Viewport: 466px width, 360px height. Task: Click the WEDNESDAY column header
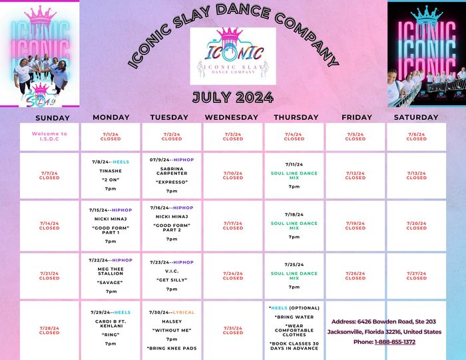tap(232, 117)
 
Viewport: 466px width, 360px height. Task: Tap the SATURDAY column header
tap(416, 117)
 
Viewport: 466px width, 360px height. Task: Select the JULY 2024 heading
tap(232, 97)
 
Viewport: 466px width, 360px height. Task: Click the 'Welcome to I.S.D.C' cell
tap(49, 136)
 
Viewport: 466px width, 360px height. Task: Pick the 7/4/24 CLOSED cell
tap(294, 136)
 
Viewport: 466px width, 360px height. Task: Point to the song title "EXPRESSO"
tap(171, 182)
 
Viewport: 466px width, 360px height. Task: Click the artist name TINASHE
tap(111, 170)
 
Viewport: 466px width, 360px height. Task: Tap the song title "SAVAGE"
tap(111, 282)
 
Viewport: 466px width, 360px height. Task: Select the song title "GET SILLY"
tap(171, 280)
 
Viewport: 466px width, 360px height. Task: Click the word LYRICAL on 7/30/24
tap(184, 312)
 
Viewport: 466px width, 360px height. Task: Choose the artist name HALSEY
tap(171, 321)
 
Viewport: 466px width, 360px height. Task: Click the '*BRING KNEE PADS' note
tap(171, 348)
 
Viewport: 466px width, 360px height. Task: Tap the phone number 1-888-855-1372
tap(394, 342)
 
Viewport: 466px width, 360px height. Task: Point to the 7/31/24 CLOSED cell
tap(232, 330)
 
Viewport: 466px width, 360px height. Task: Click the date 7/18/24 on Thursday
tap(294, 214)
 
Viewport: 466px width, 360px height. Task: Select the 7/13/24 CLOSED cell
tap(416, 176)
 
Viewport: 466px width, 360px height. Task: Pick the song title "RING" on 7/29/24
tap(111, 334)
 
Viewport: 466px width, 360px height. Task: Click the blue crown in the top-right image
tap(426, 13)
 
